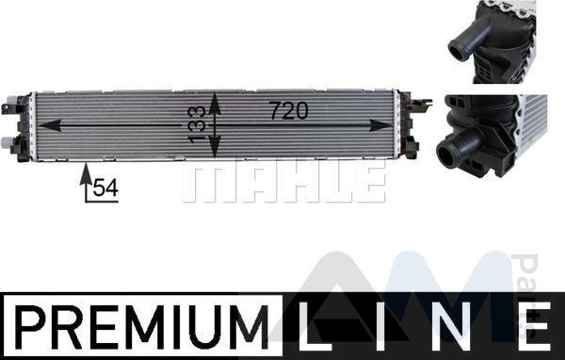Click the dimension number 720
(289, 110)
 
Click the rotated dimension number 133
(197, 124)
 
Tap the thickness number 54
(105, 188)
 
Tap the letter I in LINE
(379, 326)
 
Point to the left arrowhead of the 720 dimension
(50, 125)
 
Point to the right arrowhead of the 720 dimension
(381, 125)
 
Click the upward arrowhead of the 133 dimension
(215, 103)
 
